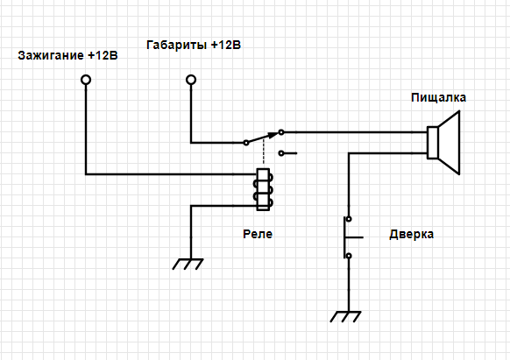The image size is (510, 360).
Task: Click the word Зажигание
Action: tap(51, 55)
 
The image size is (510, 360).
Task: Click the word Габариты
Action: tap(176, 46)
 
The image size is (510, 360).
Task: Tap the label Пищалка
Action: tap(438, 97)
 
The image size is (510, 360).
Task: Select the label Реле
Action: tap(258, 234)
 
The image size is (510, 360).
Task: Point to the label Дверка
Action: tap(411, 234)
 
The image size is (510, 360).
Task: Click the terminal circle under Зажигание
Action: tap(86, 80)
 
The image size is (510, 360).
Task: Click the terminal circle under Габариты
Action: tap(191, 80)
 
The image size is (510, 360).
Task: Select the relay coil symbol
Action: tap(263, 189)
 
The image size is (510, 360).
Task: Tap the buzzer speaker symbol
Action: tap(443, 143)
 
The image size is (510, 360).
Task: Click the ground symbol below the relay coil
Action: tap(188, 264)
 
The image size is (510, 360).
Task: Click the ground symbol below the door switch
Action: tap(345, 317)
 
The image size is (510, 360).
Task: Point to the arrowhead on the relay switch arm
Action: tap(273, 135)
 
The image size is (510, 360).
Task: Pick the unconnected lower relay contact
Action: tap(281, 152)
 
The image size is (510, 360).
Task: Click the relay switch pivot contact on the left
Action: tap(246, 143)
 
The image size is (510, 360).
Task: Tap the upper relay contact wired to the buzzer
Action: tap(281, 132)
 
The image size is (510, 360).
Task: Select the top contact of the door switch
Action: tap(349, 219)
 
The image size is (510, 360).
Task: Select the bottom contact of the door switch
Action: tap(349, 256)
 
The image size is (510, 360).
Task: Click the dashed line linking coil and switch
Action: tap(264, 152)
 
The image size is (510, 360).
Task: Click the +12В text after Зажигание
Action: tap(103, 55)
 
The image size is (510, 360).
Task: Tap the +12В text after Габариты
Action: tap(226, 45)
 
